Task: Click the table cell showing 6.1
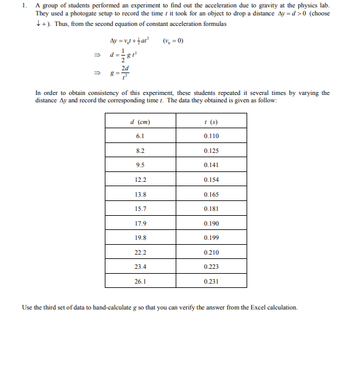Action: pos(140,136)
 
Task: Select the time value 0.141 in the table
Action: pos(211,165)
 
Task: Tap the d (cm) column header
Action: pos(140,121)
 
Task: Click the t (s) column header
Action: pos(211,121)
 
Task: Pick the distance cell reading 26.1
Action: pos(140,282)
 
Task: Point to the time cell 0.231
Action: pos(211,282)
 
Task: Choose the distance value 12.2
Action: pos(140,180)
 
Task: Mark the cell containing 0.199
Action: pos(211,238)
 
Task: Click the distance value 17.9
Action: pos(140,223)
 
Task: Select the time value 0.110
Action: pos(211,136)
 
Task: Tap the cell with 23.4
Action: pos(140,268)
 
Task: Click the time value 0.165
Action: pos(211,194)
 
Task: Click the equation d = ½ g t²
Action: pos(119,57)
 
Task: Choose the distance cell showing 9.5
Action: pos(140,165)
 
